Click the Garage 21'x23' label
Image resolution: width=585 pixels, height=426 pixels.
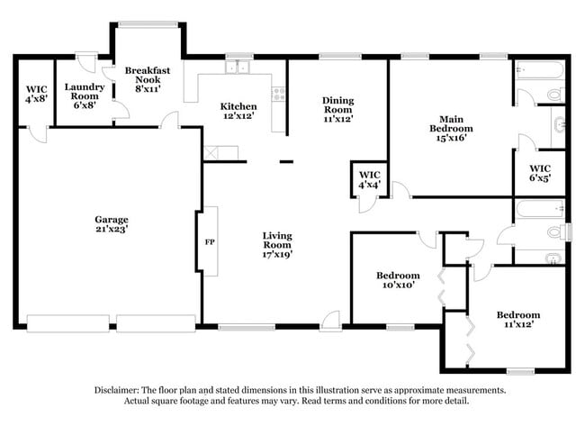[x=112, y=224]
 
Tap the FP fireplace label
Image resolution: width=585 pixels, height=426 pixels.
[x=210, y=242]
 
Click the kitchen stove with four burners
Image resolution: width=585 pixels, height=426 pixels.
[x=279, y=91]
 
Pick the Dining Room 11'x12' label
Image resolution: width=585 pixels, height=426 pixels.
[x=337, y=109]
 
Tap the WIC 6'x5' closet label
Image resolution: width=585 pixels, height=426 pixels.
[x=540, y=173]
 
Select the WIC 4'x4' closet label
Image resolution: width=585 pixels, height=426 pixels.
[x=369, y=179]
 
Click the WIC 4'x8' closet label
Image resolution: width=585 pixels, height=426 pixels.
[x=36, y=94]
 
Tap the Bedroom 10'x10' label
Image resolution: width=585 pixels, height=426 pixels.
[x=397, y=280]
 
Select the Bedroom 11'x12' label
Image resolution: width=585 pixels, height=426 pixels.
[x=518, y=320]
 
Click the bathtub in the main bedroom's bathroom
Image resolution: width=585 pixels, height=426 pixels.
[x=539, y=70]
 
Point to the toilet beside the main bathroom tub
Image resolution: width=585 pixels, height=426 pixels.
[x=553, y=93]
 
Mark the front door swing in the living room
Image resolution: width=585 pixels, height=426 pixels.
[x=331, y=317]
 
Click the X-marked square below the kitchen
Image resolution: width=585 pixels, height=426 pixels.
[x=211, y=153]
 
